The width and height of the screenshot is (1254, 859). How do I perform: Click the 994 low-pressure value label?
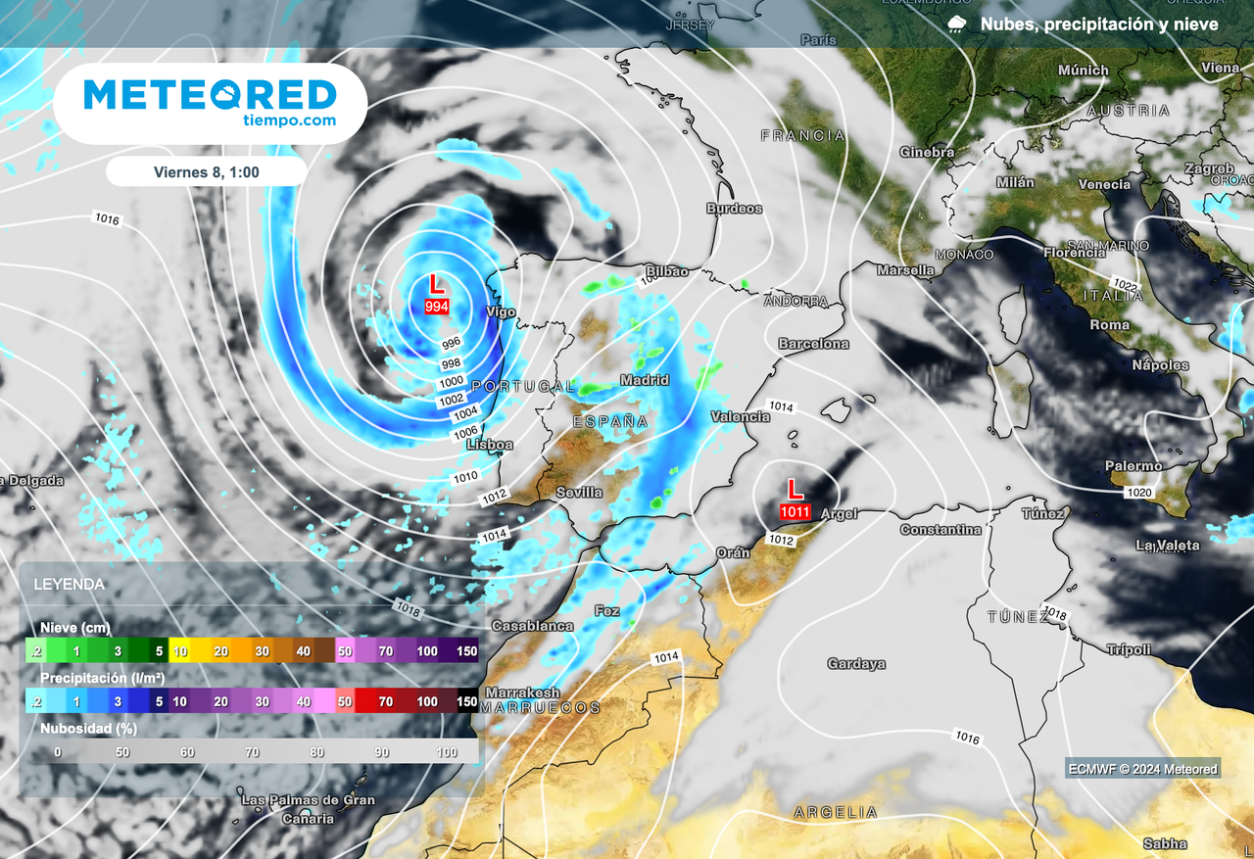click(437, 307)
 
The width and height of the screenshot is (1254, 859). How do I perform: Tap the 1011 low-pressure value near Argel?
click(795, 511)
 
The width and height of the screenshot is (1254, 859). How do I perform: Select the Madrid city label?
click(645, 380)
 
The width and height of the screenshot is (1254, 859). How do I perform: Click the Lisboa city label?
click(490, 445)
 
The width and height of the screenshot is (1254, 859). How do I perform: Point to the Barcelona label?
click(813, 344)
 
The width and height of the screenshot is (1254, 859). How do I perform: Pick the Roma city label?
click(1109, 324)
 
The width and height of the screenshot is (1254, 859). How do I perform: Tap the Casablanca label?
click(532, 625)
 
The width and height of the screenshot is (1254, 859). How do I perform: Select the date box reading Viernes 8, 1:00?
click(206, 171)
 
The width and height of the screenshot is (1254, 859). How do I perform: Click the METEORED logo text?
click(210, 95)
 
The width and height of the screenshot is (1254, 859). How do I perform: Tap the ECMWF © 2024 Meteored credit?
click(1143, 769)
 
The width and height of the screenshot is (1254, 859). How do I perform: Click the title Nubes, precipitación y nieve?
click(1099, 24)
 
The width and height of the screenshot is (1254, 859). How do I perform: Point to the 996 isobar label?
click(452, 344)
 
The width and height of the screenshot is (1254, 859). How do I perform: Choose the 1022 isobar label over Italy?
click(1126, 285)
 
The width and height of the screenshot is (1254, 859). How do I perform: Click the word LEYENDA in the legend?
click(69, 584)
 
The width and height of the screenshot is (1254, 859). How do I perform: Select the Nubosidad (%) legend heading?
click(88, 728)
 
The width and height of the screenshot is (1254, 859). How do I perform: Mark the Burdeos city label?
click(734, 209)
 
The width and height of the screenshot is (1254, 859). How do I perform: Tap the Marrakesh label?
click(522, 692)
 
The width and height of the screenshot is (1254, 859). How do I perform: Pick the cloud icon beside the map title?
click(957, 24)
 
